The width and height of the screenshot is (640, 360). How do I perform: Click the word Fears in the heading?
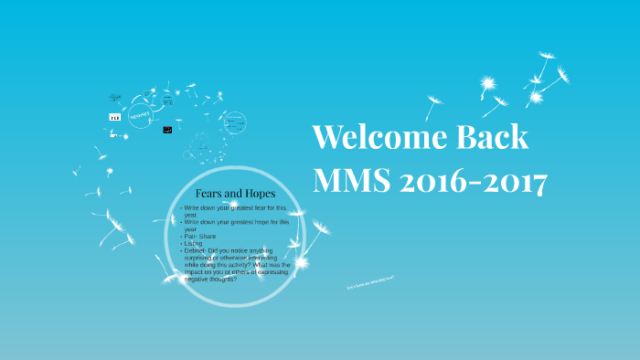[210, 194]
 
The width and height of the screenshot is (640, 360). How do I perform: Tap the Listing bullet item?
[193, 243]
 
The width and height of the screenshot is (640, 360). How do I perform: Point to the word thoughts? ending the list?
[222, 279]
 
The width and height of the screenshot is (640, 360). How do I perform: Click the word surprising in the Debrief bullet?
[204, 258]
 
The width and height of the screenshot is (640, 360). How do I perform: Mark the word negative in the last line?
[198, 279]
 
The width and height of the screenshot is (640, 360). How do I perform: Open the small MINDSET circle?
[141, 117]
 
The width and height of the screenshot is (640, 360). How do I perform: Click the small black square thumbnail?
[167, 131]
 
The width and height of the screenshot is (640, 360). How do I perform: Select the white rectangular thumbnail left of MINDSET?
[114, 117]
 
